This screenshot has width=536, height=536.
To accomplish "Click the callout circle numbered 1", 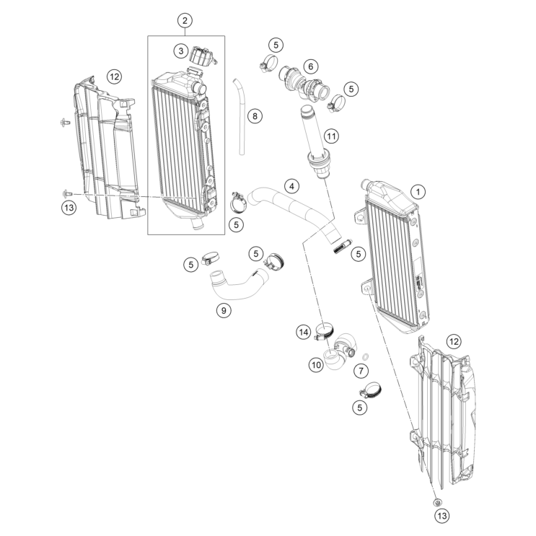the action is click(x=418, y=192).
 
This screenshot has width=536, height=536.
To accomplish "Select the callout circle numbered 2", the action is click(x=185, y=20).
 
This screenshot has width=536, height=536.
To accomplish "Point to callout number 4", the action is click(x=291, y=186).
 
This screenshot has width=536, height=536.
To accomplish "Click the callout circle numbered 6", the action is click(x=310, y=66).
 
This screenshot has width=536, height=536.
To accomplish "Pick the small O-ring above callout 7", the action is click(x=365, y=357).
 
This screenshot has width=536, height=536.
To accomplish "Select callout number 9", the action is click(x=224, y=310).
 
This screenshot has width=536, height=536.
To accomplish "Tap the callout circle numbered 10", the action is click(x=316, y=365).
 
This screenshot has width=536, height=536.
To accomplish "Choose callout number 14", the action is click(x=304, y=332).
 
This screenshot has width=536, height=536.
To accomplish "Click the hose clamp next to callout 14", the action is click(x=324, y=330).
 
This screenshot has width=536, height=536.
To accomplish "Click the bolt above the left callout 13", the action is click(x=66, y=194).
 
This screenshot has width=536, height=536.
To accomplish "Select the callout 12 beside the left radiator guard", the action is click(x=114, y=76).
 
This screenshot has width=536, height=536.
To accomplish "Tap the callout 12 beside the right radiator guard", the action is click(x=454, y=341).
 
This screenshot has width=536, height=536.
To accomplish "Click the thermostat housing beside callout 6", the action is click(x=304, y=84).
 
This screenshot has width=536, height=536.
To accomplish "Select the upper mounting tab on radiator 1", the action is click(x=360, y=216).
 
